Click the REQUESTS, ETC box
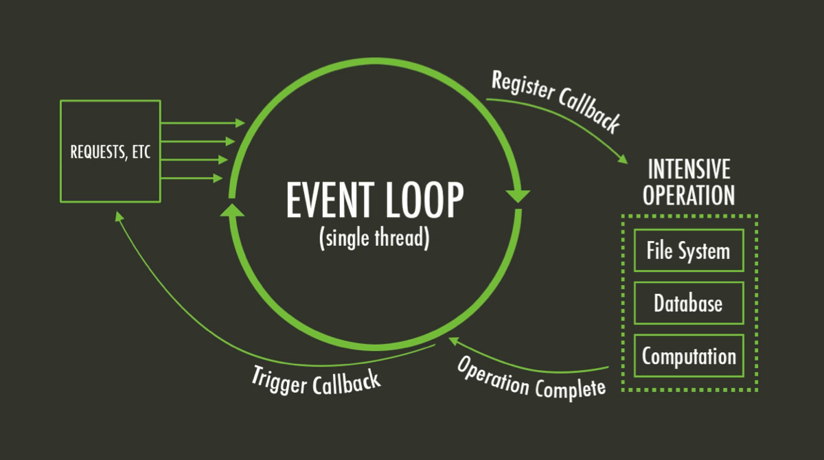click(111, 151)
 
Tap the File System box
click(688, 251)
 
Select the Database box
click(688, 303)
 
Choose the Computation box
click(688, 356)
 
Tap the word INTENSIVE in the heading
click(689, 169)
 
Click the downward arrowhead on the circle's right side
click(518, 195)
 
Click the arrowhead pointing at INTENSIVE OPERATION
click(623, 159)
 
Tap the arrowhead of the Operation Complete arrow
click(454, 340)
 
